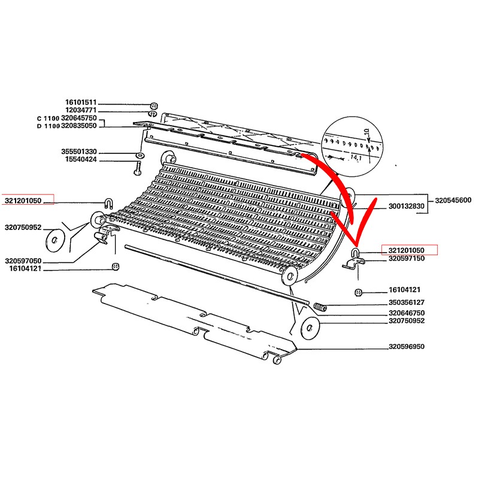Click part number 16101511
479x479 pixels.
tap(81, 102)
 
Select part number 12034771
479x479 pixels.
tap(81, 110)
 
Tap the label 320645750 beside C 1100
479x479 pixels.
tap(79, 118)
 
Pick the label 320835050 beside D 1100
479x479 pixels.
tap(79, 126)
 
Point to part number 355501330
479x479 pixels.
tap(79, 151)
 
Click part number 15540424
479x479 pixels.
tap(81, 159)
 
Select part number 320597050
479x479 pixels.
tap(23, 261)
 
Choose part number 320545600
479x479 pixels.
tap(453, 201)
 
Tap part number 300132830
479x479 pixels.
tap(407, 207)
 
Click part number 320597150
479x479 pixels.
tap(407, 259)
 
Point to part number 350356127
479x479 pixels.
tap(407, 302)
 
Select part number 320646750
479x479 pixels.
tap(407, 313)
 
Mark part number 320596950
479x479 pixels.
tap(407, 347)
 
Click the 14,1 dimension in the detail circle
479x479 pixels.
tap(356, 157)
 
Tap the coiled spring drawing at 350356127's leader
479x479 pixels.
tap(320, 307)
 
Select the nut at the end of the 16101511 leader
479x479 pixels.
tap(154, 106)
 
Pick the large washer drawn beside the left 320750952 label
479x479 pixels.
tap(54, 240)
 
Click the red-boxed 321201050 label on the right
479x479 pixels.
tap(407, 250)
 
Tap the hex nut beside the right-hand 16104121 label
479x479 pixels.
tap(358, 293)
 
